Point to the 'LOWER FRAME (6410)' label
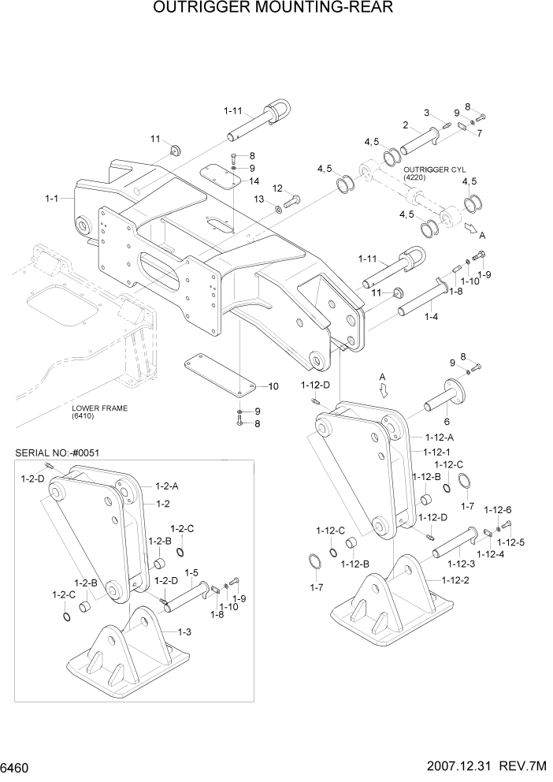[x=99, y=411]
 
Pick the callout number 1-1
[x=54, y=200]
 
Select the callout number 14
[x=254, y=181]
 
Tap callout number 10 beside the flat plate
[x=273, y=386]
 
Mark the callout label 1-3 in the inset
[x=184, y=631]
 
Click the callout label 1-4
[x=432, y=316]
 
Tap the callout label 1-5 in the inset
[x=191, y=572]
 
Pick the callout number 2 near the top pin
[x=405, y=125]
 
